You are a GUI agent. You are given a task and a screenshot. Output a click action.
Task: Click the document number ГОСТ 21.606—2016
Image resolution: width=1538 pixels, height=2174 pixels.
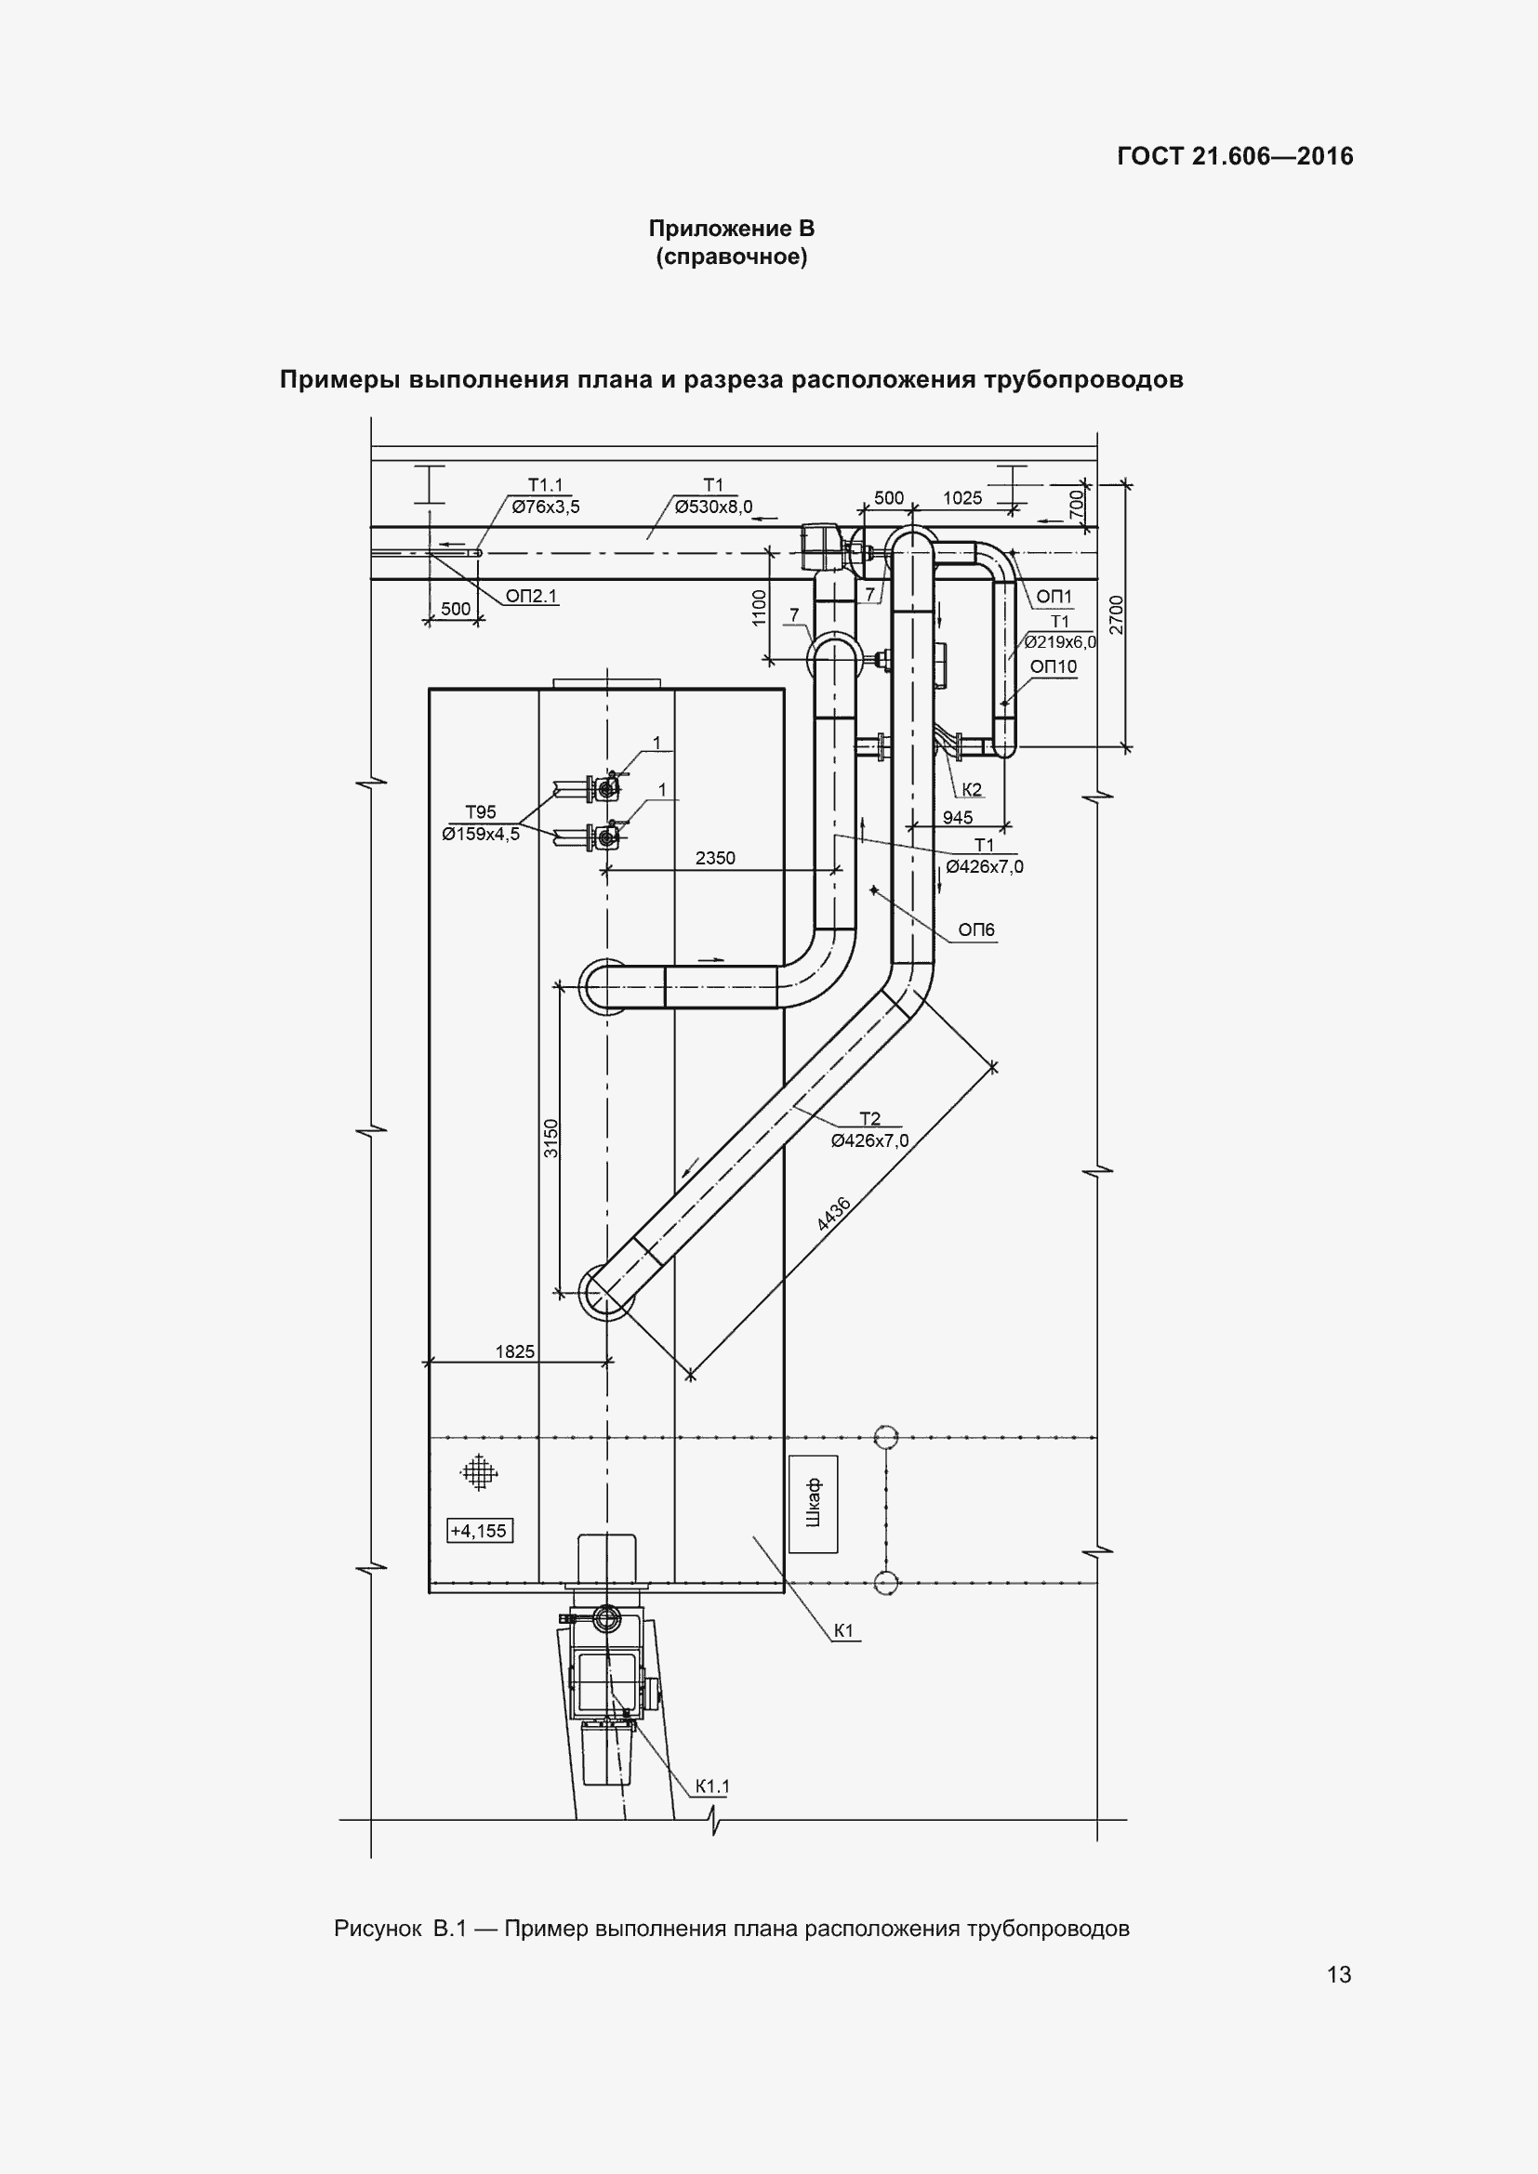(x=1235, y=156)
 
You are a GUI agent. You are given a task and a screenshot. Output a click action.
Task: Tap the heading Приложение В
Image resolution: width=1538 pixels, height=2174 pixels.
(x=731, y=229)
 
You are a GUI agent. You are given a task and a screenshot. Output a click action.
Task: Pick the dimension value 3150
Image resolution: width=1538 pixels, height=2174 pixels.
(x=551, y=1140)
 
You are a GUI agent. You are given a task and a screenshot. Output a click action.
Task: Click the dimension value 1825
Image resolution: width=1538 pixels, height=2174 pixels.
(x=515, y=1352)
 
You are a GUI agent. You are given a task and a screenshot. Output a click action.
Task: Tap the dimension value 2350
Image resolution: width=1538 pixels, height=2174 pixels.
(x=715, y=858)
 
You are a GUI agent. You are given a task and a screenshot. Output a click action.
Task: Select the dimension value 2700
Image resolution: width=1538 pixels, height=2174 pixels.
(x=1117, y=614)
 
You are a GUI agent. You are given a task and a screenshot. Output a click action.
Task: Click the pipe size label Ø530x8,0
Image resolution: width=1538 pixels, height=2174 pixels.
(x=714, y=507)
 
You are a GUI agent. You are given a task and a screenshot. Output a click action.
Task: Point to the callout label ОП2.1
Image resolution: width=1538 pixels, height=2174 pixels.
(x=531, y=596)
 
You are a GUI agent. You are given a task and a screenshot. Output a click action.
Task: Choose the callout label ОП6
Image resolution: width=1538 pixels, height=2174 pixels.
(x=976, y=929)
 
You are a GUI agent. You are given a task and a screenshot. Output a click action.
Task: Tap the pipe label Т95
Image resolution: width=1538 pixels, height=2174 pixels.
(x=480, y=811)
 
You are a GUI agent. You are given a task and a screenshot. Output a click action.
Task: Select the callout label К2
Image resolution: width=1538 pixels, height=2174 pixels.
(x=972, y=790)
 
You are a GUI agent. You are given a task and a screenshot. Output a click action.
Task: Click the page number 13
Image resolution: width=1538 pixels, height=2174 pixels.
(x=1339, y=1974)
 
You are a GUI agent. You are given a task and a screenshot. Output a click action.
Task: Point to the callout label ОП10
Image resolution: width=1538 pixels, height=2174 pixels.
(x=1054, y=666)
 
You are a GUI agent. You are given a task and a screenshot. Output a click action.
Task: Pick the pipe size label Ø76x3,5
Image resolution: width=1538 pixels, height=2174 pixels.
(x=546, y=507)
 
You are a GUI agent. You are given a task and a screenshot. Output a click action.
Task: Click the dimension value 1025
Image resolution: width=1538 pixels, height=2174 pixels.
(x=962, y=498)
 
